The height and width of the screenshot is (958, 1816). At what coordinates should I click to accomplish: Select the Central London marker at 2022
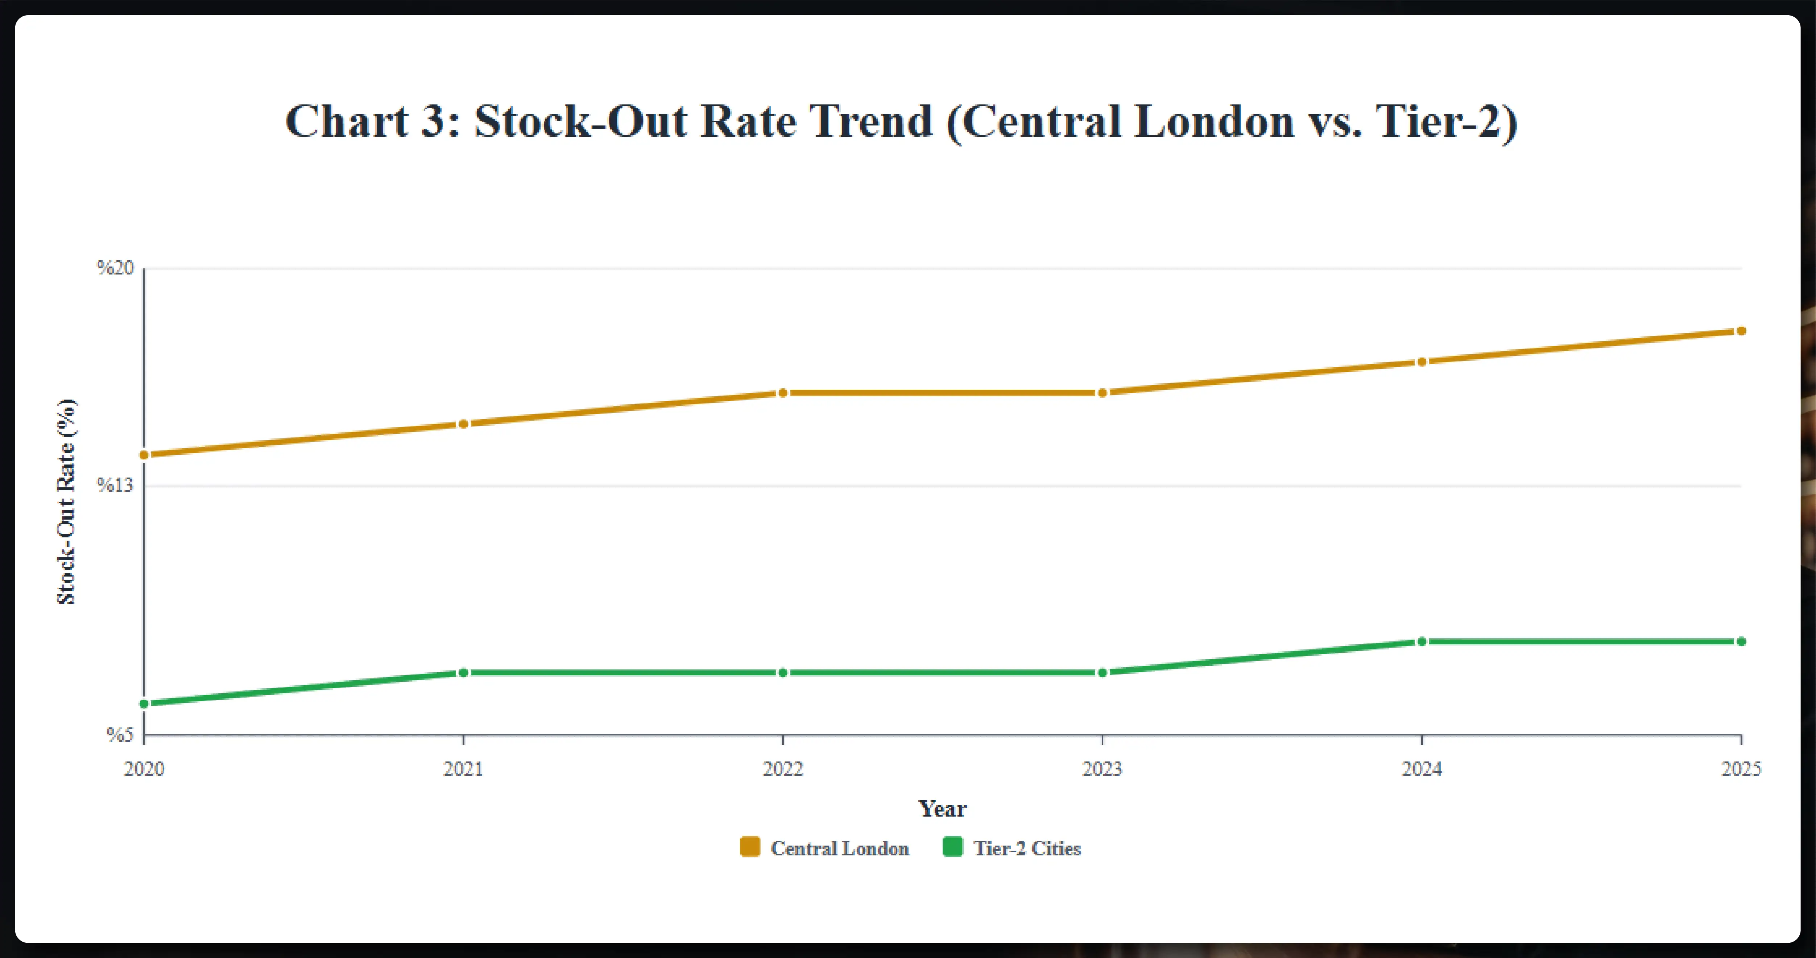click(x=782, y=393)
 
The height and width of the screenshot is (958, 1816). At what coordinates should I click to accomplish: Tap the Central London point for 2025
click(x=1741, y=331)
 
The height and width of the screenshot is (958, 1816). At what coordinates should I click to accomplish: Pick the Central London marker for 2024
click(x=1421, y=362)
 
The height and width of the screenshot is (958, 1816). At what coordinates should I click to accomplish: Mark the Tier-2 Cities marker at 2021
click(x=463, y=673)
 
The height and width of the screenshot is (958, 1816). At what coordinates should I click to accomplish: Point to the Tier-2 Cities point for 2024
click(x=1421, y=641)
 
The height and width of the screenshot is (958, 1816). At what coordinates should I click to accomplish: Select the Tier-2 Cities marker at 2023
click(x=1102, y=673)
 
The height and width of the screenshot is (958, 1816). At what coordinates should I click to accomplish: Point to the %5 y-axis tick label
click(x=120, y=735)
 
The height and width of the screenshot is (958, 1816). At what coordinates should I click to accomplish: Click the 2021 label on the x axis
click(x=463, y=769)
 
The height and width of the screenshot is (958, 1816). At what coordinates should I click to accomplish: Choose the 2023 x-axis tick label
click(x=1102, y=769)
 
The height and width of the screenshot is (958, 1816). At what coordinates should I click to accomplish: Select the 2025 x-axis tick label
click(x=1741, y=769)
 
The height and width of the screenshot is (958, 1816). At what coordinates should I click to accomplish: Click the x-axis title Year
click(x=942, y=809)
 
